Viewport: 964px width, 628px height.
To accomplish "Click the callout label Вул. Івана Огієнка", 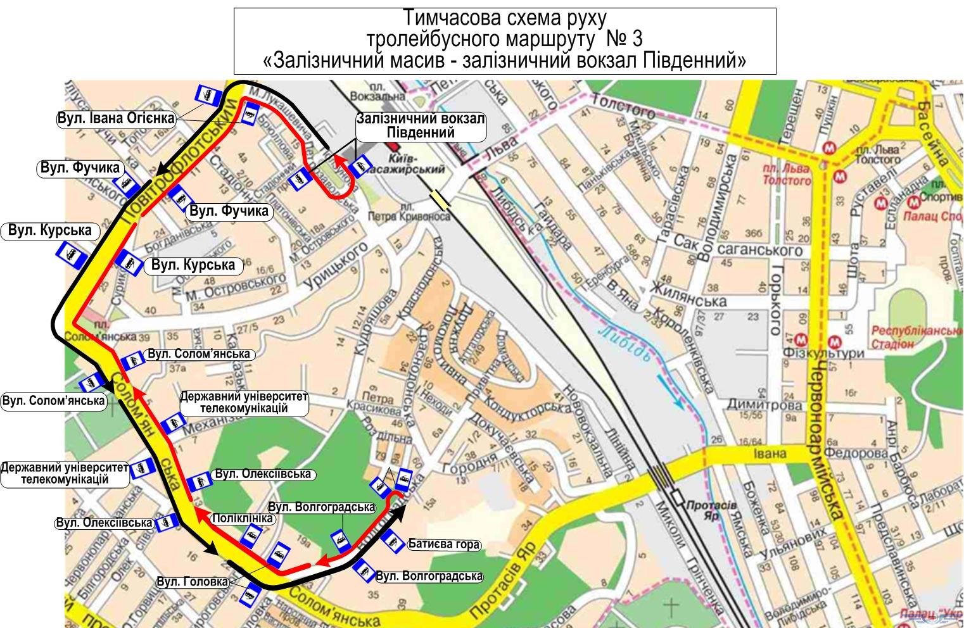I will [x=115, y=118].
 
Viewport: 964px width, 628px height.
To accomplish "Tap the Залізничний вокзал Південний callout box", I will [x=421, y=126].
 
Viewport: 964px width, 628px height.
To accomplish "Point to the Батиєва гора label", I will [x=443, y=544].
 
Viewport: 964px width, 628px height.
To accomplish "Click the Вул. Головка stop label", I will [x=192, y=582].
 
